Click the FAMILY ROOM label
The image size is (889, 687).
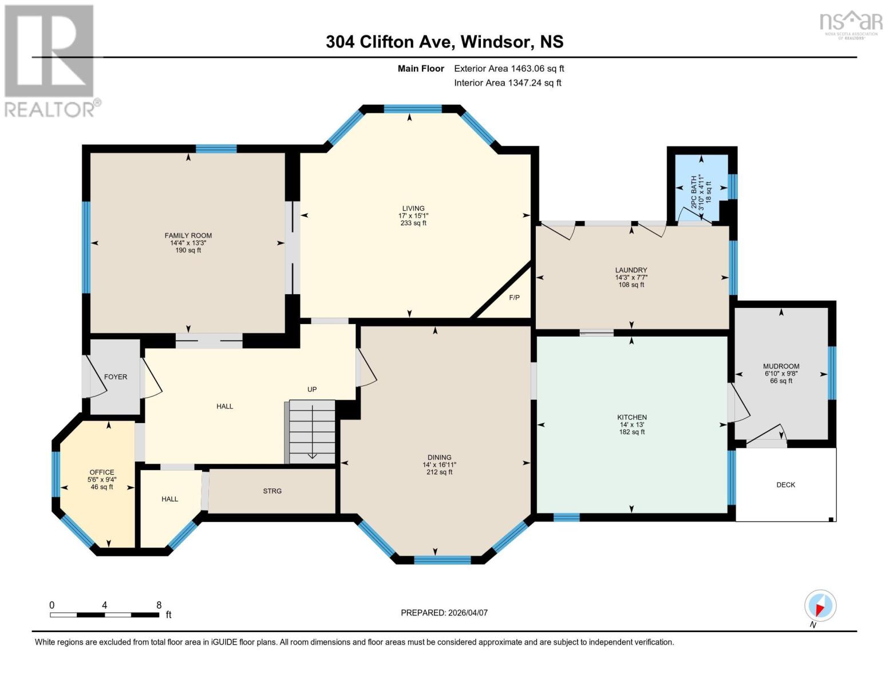pos(188,235)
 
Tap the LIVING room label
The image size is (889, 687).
pos(413,208)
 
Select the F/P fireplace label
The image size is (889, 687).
pos(514,298)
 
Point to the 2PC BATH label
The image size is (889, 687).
pos(694,188)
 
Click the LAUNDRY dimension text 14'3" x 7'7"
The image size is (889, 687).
pos(631,278)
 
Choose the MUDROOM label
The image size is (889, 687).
pos(781,366)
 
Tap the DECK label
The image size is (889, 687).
pos(785,485)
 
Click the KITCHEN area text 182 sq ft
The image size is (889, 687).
pos(631,432)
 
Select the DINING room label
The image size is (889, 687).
pos(439,457)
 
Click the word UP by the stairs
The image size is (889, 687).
pos(312,389)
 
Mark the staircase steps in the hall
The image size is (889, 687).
pos(311,432)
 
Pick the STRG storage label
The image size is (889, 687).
pos(272,491)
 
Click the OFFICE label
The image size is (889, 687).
pos(101,472)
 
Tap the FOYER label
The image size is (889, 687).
pos(116,377)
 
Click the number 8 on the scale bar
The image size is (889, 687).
pos(159,605)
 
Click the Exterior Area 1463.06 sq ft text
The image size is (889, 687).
pos(509,69)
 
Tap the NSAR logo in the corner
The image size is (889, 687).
pos(851,23)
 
